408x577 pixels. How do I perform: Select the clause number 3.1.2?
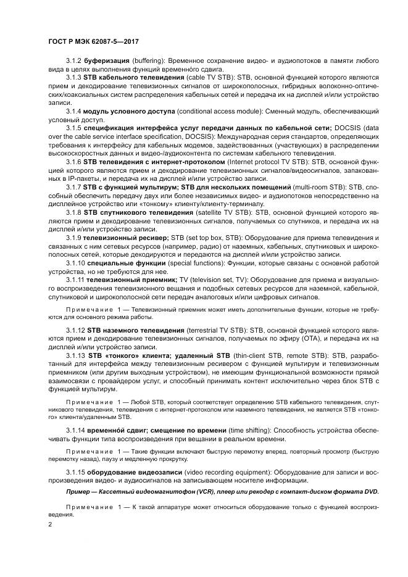[x=75, y=61]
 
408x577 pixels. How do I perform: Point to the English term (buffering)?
[x=149, y=61]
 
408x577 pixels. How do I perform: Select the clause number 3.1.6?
[x=75, y=161]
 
